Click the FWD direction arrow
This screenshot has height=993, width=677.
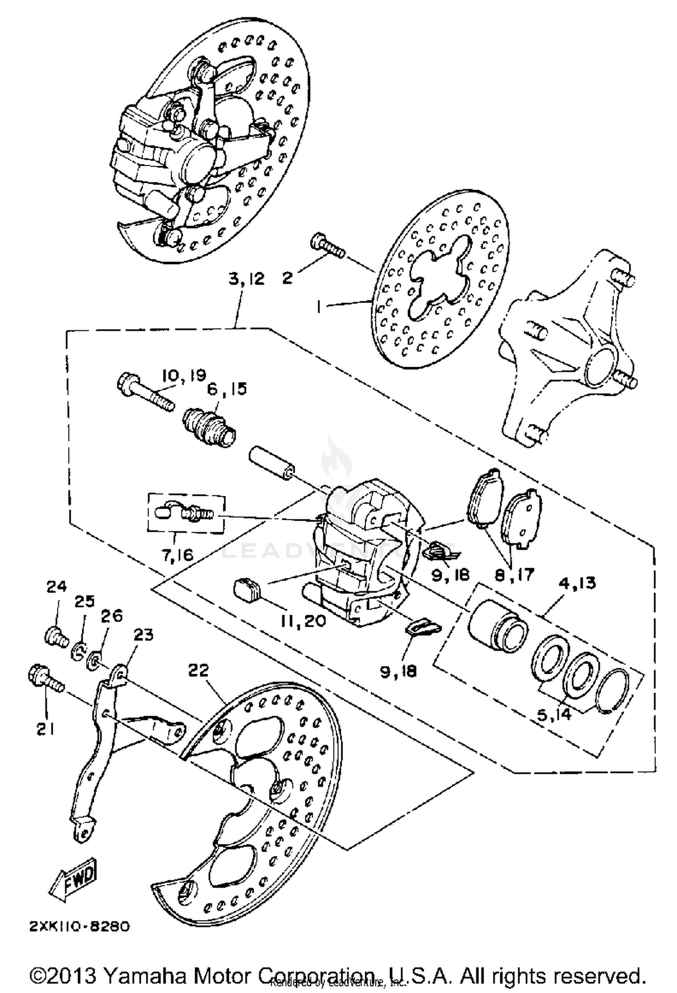pyautogui.click(x=73, y=877)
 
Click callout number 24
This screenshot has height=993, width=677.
pyautogui.click(x=56, y=587)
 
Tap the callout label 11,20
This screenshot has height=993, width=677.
pyautogui.click(x=302, y=621)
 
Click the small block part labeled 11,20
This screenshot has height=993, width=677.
pyautogui.click(x=248, y=591)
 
